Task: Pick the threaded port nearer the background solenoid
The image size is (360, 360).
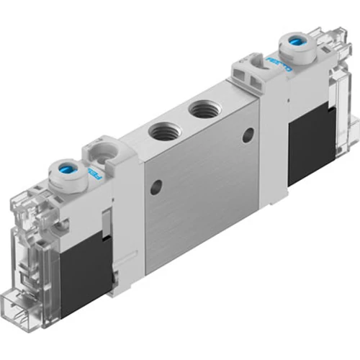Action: (x=199, y=112)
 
